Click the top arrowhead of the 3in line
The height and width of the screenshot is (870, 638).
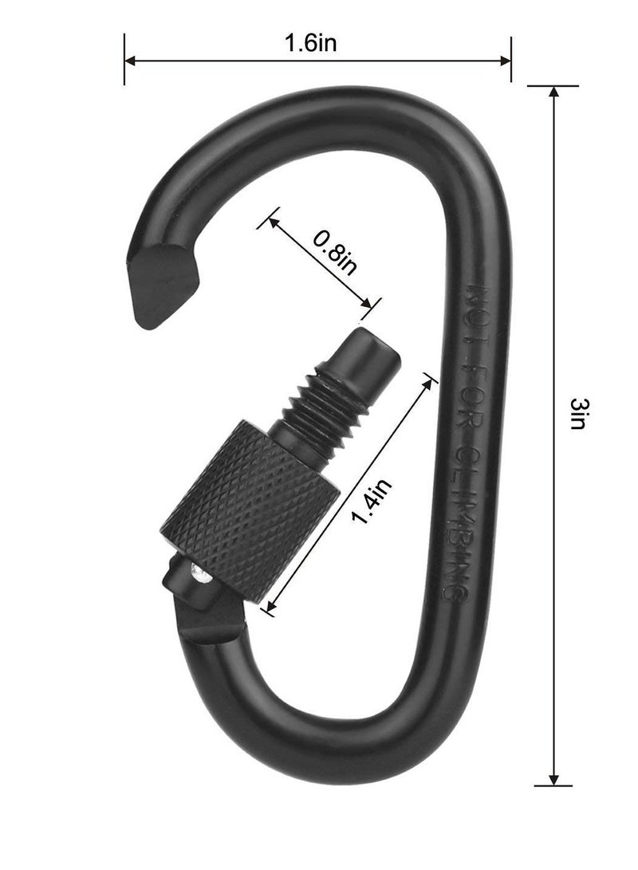(553, 90)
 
